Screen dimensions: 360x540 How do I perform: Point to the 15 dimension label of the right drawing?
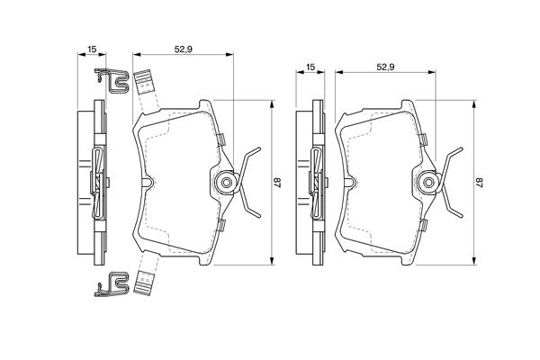click(310, 67)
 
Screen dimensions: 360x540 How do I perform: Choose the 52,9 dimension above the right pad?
click(387, 67)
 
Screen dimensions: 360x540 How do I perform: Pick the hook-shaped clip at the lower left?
click(110, 285)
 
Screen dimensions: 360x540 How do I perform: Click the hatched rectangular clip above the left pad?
click(144, 83)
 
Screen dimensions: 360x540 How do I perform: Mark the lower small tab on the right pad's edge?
click(422, 227)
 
